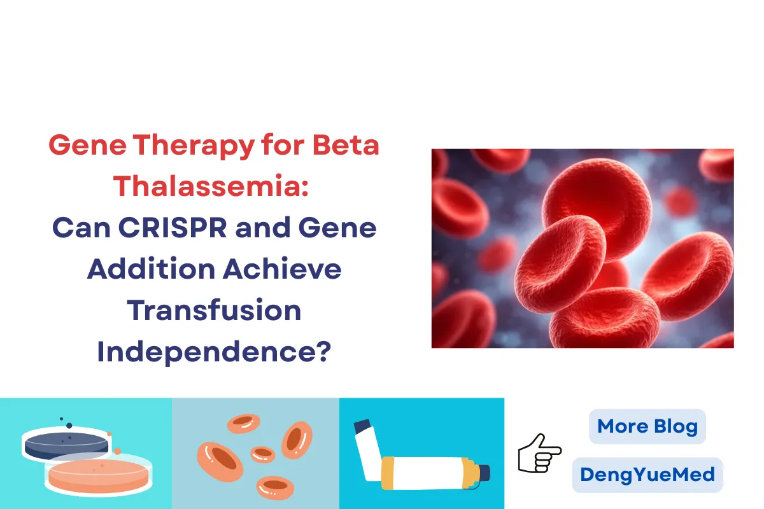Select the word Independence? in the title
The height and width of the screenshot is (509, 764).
(x=214, y=352)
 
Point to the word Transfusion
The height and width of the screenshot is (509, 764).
(x=214, y=311)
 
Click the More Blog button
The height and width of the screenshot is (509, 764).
(x=647, y=426)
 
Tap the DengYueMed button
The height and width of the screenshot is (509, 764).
(x=647, y=475)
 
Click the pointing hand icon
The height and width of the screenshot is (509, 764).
(x=539, y=452)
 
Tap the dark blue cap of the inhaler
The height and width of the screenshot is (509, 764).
(x=483, y=473)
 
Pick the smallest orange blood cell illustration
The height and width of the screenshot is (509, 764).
(x=263, y=454)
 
